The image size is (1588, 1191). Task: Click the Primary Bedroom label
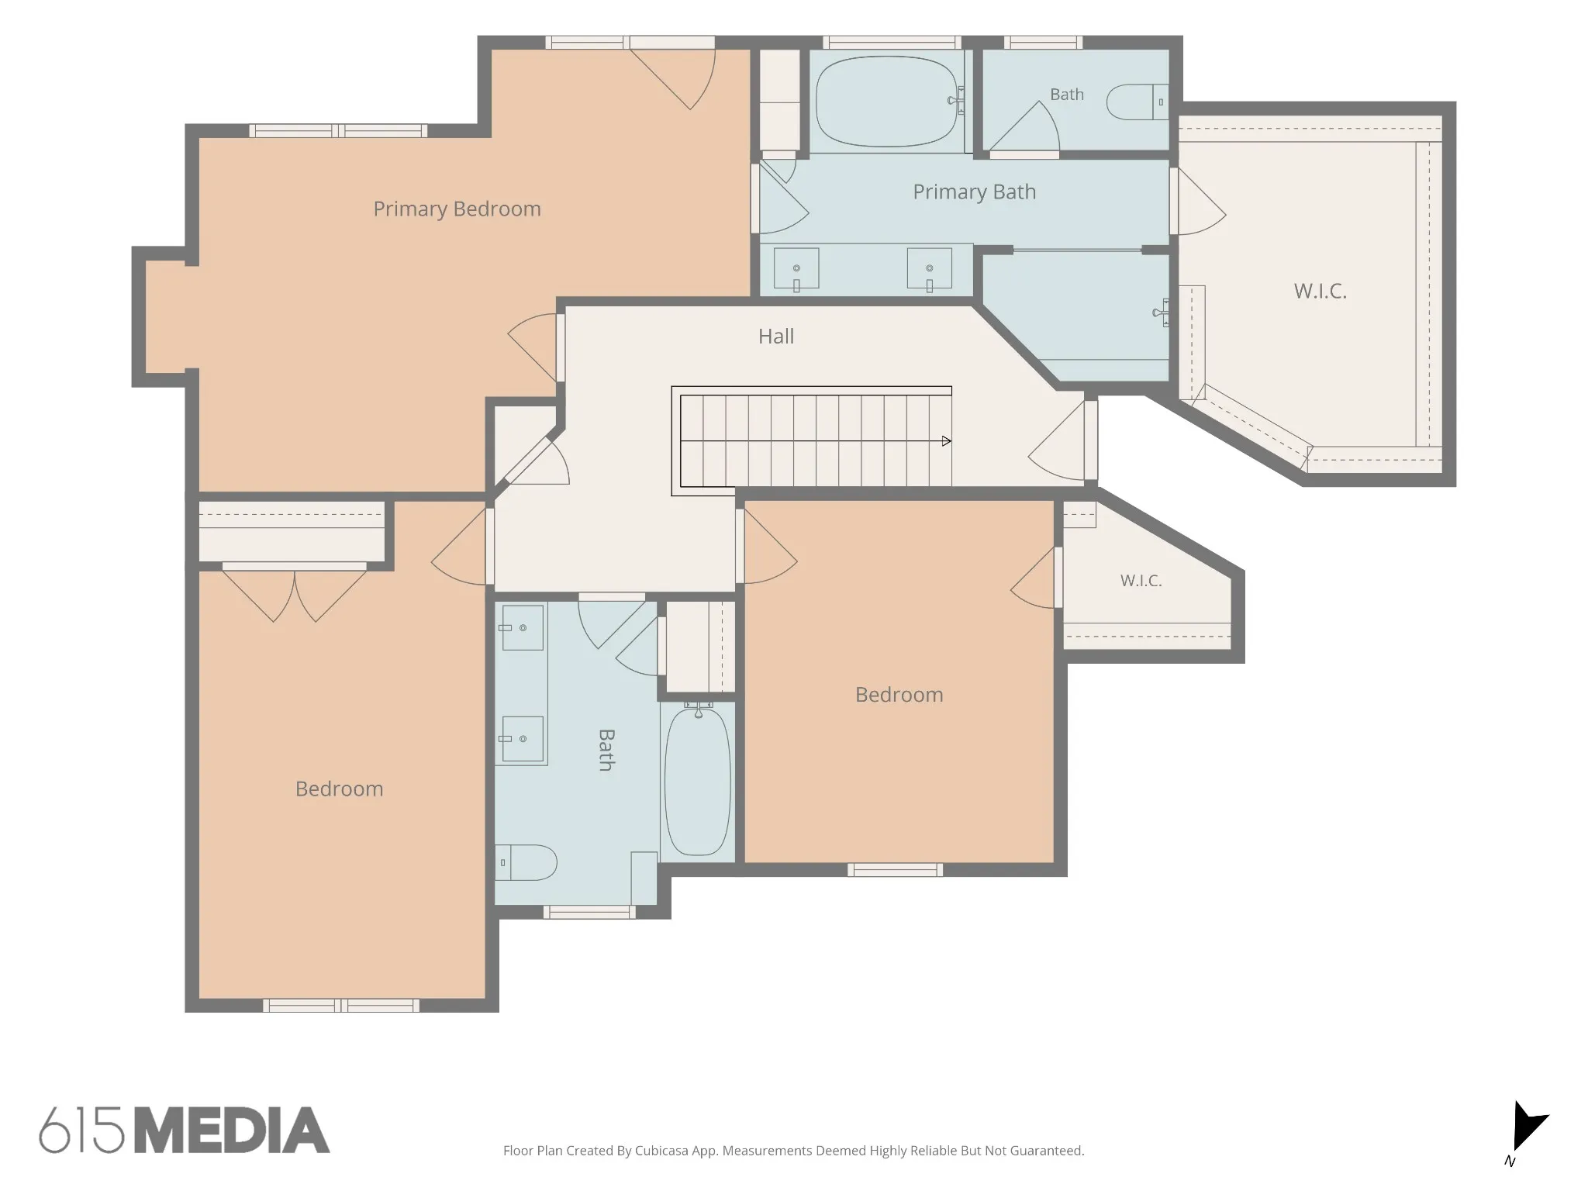[x=457, y=209]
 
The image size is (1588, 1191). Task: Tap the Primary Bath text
[x=974, y=192]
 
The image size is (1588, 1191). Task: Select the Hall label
[x=776, y=336]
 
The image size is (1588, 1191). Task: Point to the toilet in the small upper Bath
[x=1137, y=102]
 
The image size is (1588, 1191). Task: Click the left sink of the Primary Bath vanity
[x=796, y=268]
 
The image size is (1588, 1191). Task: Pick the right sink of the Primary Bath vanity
[x=930, y=268]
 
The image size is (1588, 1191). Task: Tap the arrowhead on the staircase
[x=947, y=441]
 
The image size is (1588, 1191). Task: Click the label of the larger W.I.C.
[x=1320, y=291]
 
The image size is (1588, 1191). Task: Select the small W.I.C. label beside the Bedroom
[x=1141, y=580]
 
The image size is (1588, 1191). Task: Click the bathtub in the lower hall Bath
[x=698, y=780]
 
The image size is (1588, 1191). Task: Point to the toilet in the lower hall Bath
[x=526, y=862]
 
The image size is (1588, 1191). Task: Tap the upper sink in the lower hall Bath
[x=522, y=627]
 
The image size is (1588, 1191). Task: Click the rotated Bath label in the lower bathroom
[x=606, y=750]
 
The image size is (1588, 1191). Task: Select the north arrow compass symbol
[x=1526, y=1130]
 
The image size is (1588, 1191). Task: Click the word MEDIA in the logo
[x=232, y=1130]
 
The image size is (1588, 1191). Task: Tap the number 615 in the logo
[x=81, y=1130]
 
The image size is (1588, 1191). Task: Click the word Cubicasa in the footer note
[x=663, y=1151]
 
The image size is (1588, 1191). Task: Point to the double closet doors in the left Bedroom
[x=295, y=593]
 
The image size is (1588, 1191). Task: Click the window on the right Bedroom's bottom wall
[x=895, y=870]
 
